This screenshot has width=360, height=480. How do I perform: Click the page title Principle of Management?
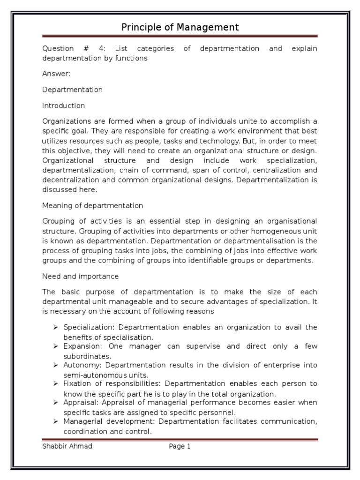point(180,27)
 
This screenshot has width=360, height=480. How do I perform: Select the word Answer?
point(55,74)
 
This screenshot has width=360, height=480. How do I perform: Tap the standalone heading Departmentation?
point(72,90)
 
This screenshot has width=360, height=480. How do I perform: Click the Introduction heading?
point(63,105)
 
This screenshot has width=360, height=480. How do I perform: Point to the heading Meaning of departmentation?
point(92,205)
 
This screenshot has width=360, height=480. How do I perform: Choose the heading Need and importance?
point(80,276)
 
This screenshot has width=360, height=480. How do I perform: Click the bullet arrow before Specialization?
point(55,327)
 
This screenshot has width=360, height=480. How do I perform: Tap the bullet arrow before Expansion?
point(55,346)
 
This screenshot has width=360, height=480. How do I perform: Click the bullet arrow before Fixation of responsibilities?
point(55,383)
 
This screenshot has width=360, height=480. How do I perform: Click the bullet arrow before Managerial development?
point(55,421)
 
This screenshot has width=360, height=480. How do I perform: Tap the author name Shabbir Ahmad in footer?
point(67,446)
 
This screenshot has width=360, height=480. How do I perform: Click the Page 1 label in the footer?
point(180,446)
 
